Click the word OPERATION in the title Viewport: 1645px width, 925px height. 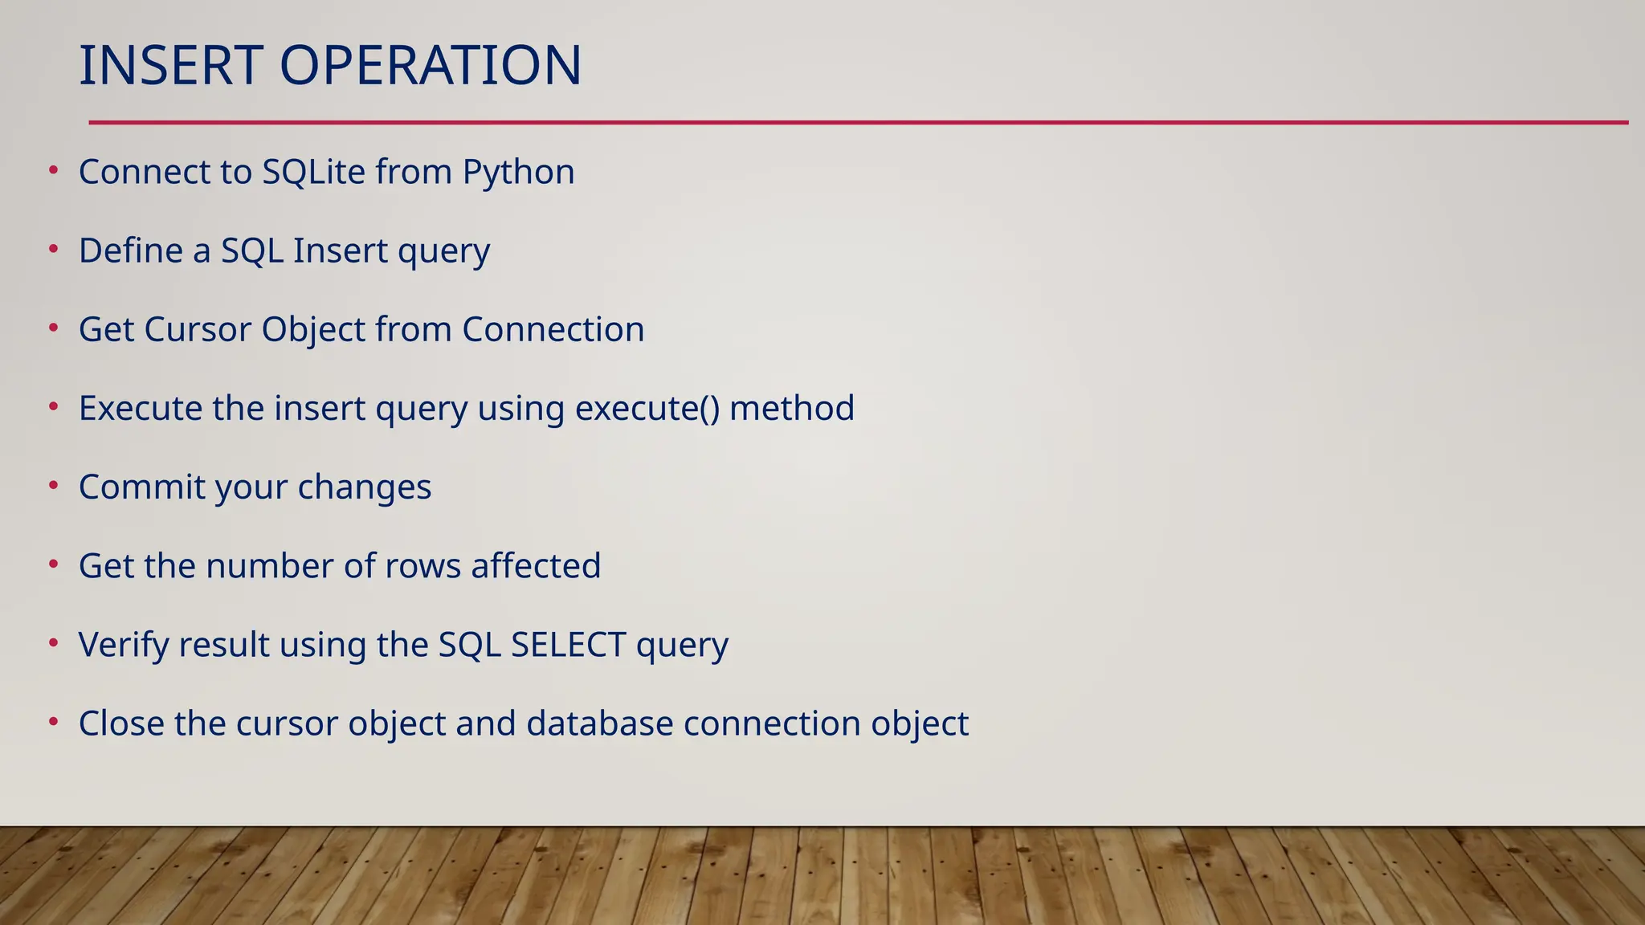pos(430,66)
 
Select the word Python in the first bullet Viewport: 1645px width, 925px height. pos(518,173)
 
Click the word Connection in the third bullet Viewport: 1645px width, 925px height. pos(553,330)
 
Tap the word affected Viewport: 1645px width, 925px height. pos(536,566)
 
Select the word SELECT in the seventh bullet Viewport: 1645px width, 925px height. pos(568,645)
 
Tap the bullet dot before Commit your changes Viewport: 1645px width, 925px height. pos(54,486)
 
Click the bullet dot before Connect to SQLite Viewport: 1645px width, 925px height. pos(54,170)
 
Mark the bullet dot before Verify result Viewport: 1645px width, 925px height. pos(54,643)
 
